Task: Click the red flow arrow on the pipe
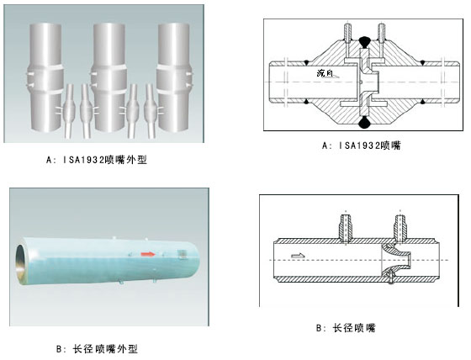tap(148, 254)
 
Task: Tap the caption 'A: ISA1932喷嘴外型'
tap(97, 160)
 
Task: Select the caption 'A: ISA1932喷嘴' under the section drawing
tap(361, 146)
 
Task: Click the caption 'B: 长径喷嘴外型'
tap(97, 349)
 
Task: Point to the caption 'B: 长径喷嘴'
tap(346, 327)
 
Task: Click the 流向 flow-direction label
tap(325, 72)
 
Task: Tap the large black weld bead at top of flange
tap(364, 41)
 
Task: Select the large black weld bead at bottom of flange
tap(364, 122)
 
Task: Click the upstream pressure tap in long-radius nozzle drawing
tap(346, 228)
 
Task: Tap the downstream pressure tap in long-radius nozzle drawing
tap(400, 228)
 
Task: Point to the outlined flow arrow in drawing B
tap(298, 256)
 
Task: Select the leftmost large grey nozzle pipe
tap(45, 77)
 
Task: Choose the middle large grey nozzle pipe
tap(109, 77)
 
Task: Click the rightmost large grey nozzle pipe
tap(173, 77)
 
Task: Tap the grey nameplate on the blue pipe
tap(182, 254)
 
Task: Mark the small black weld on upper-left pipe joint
tap(306, 63)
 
